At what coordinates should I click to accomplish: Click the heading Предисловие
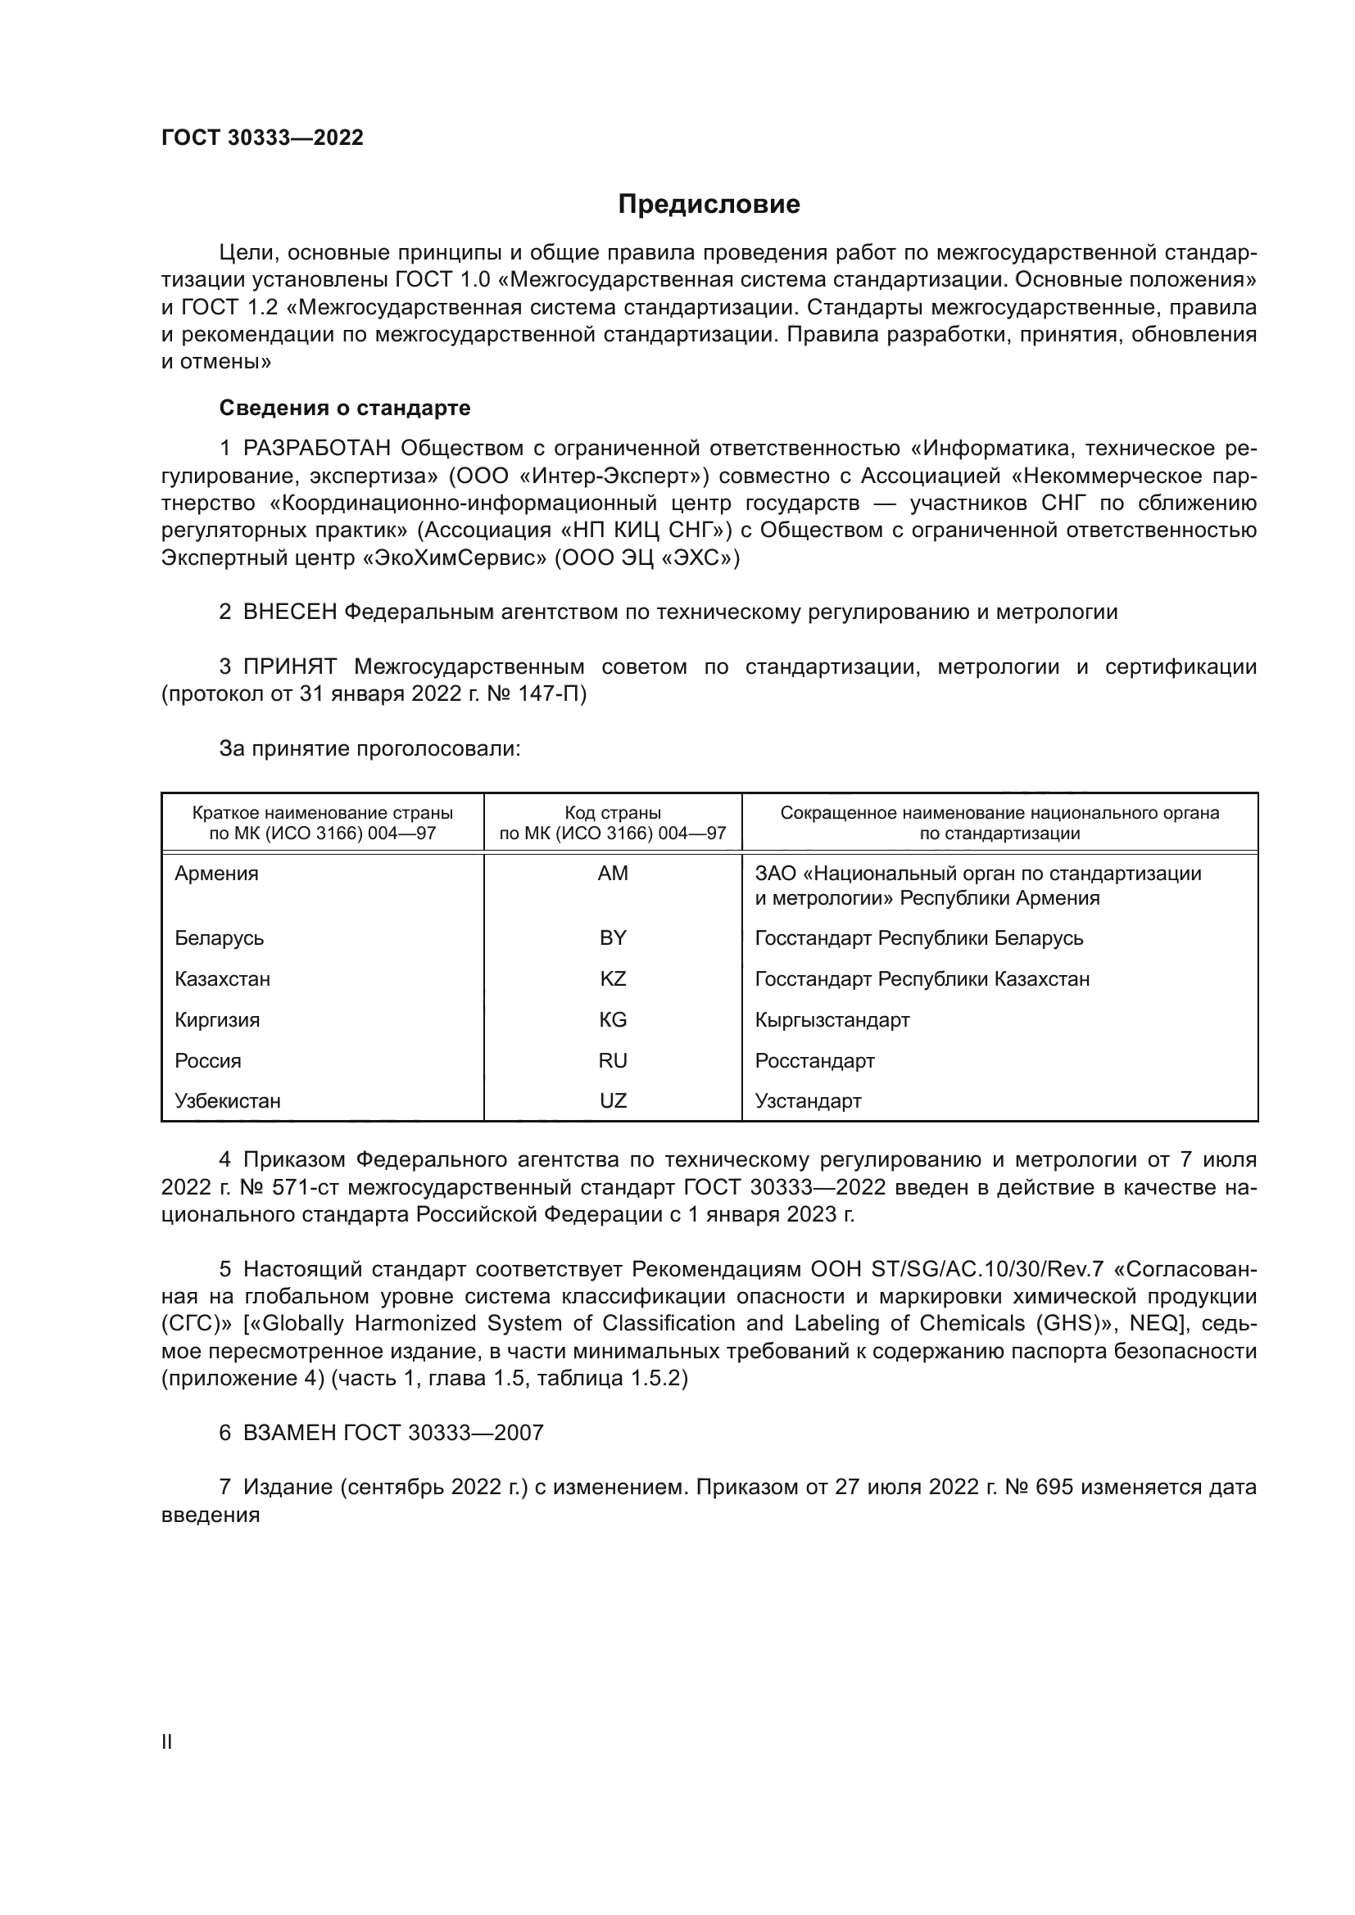(x=709, y=205)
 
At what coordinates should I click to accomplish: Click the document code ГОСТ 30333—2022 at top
(x=262, y=138)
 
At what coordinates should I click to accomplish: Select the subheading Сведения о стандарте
(x=345, y=408)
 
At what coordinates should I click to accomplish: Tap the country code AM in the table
(x=613, y=874)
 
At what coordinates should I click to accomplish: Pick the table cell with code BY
(x=613, y=937)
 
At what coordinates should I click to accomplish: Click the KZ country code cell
(x=613, y=978)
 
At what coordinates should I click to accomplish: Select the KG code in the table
(x=613, y=1019)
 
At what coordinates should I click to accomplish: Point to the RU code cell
(x=613, y=1060)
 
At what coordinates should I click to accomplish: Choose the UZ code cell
(x=613, y=1100)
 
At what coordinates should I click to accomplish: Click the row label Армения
(x=217, y=874)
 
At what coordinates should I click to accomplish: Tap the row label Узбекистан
(x=228, y=1100)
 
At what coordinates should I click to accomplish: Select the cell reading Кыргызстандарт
(x=832, y=1019)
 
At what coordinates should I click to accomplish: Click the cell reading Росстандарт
(x=814, y=1060)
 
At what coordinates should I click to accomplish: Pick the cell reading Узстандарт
(x=808, y=1100)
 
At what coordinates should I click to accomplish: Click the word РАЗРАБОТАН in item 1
(x=316, y=449)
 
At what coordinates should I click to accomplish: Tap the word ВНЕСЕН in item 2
(x=289, y=612)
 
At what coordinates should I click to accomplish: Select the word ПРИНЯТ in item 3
(x=289, y=666)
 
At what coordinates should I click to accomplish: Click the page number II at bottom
(x=167, y=1741)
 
